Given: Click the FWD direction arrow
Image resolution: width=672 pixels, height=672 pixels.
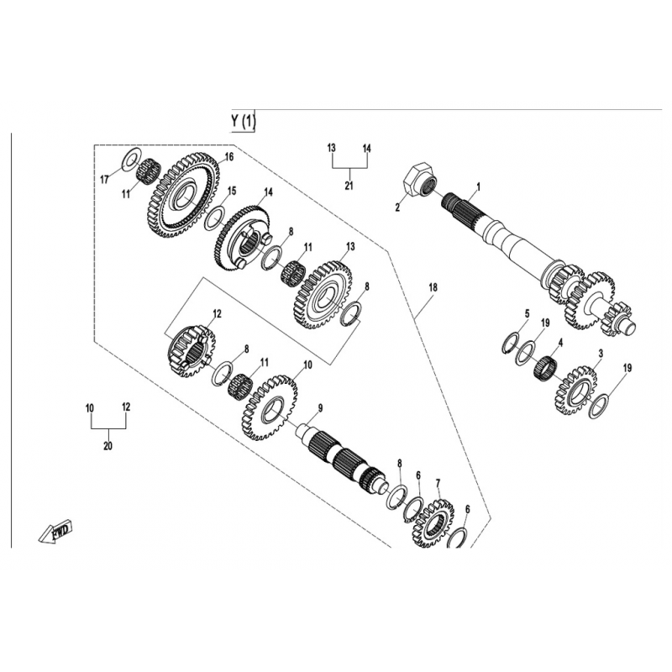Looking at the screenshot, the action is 55,533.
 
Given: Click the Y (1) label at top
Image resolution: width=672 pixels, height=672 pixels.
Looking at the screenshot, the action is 243,121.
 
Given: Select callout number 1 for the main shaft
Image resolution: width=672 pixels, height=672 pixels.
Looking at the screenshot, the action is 479,186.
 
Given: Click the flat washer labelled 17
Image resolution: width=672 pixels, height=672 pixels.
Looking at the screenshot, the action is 132,159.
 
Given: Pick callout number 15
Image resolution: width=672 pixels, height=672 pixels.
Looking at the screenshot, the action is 232,191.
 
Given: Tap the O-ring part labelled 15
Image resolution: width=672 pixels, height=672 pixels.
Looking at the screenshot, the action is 215,218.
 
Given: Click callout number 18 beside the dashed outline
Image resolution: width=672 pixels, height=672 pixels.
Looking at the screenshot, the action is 433,287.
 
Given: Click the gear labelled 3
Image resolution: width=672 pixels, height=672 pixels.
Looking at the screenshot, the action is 576,390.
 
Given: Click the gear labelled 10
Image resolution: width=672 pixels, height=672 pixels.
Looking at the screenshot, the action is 270,407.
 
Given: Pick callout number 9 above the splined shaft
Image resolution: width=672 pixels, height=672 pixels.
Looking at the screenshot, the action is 320,408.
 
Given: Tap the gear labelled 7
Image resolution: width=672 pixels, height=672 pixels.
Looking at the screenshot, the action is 433,523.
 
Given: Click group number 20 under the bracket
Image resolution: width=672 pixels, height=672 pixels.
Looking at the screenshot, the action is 108,446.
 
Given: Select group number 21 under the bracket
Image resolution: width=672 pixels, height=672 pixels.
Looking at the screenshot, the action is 349,186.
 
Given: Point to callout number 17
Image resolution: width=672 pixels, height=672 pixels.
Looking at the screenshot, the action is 104,180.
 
